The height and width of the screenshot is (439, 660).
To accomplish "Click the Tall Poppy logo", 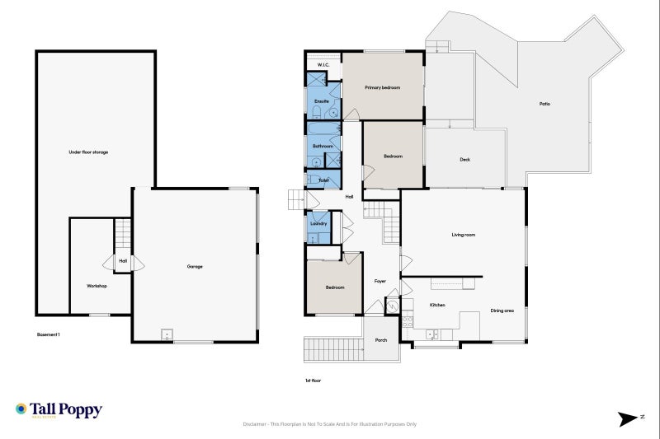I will [x=58, y=410].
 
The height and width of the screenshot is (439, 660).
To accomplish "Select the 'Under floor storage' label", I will [x=88, y=152].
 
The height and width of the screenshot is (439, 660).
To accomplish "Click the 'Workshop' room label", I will [x=97, y=286].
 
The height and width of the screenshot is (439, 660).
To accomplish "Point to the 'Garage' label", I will [x=195, y=266].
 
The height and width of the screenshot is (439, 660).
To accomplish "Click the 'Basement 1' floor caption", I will [x=49, y=334].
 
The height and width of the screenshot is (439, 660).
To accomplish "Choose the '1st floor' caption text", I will [x=313, y=381].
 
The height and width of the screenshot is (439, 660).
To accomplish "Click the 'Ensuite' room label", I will [x=322, y=101].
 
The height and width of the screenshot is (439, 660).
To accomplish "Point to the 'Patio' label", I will [x=544, y=104].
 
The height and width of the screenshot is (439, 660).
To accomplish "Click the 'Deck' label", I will [x=464, y=159].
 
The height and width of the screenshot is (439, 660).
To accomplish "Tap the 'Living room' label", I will [x=463, y=235].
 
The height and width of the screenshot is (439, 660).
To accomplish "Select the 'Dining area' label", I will [x=502, y=311].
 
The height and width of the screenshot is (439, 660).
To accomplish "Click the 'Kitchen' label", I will [x=437, y=305].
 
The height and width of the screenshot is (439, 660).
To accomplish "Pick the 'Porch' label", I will [x=381, y=340].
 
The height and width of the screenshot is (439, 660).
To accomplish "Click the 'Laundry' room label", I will [x=319, y=223].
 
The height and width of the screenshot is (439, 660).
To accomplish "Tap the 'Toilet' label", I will [x=323, y=179].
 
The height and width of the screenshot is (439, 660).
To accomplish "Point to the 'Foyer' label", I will [x=380, y=282].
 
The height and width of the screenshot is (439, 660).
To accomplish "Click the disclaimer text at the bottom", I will [x=330, y=424].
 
